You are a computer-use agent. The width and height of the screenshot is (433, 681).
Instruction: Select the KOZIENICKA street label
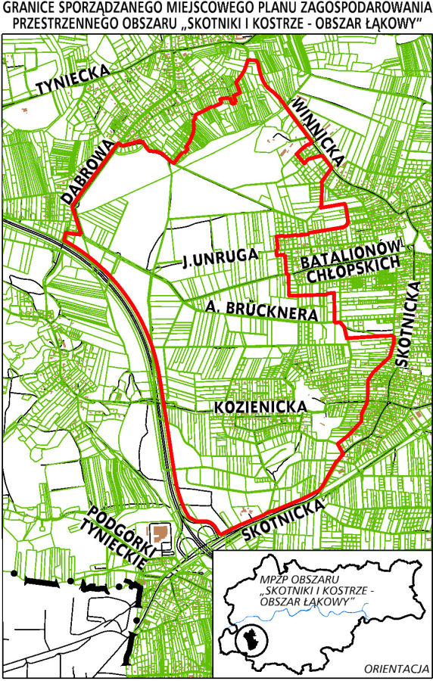[260, 407]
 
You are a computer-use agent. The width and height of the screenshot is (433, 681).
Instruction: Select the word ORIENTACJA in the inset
[397, 669]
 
